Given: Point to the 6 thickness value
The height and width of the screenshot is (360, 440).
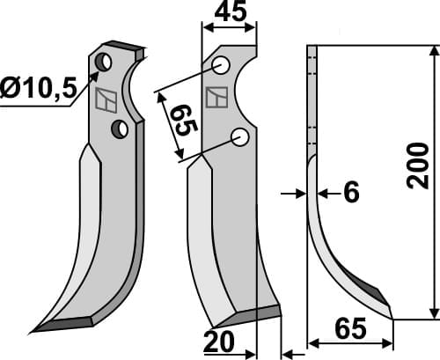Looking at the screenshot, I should pos(350,193).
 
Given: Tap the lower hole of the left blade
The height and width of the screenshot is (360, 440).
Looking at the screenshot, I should pos(120,129).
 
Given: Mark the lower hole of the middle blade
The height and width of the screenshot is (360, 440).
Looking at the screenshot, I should pos(238,136).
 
